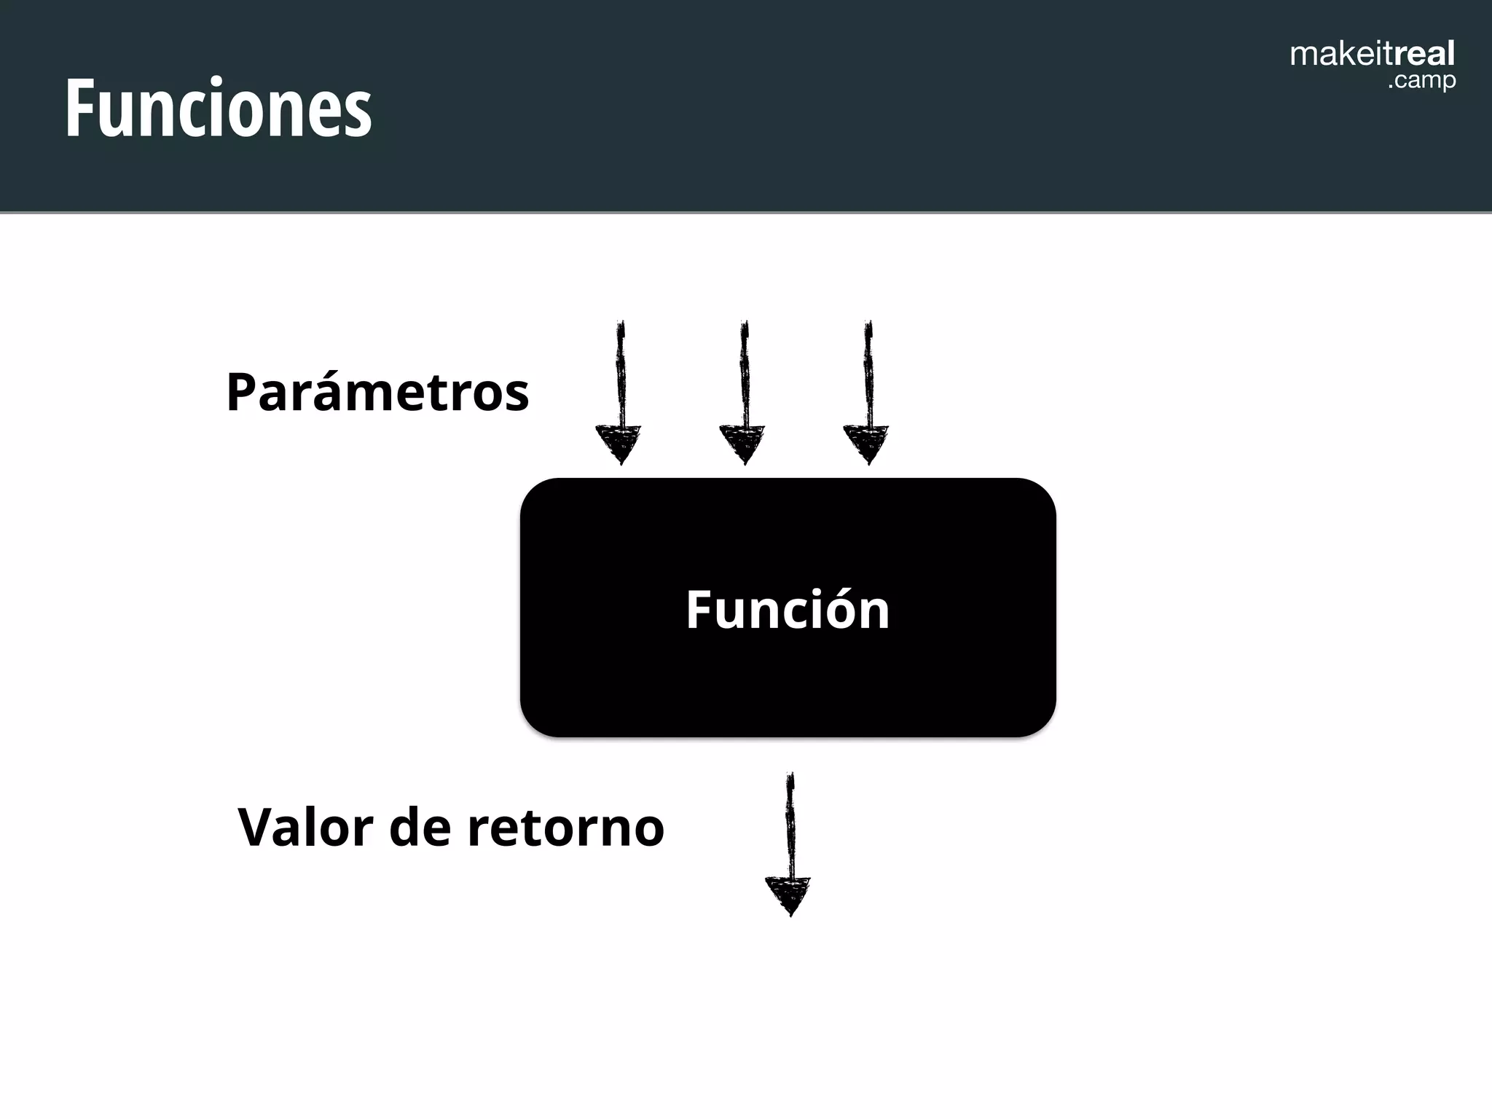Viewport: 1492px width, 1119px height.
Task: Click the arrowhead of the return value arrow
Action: tap(788, 895)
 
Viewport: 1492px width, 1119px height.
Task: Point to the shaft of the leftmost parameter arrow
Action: tap(621, 372)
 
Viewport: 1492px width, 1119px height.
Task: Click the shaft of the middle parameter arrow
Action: tap(744, 372)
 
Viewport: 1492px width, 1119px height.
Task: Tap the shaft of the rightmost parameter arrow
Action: tap(868, 372)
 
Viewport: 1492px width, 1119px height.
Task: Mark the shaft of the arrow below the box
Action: tap(790, 823)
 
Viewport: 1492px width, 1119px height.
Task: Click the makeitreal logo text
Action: tap(1372, 55)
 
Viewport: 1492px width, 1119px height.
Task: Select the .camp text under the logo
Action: tap(1421, 80)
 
